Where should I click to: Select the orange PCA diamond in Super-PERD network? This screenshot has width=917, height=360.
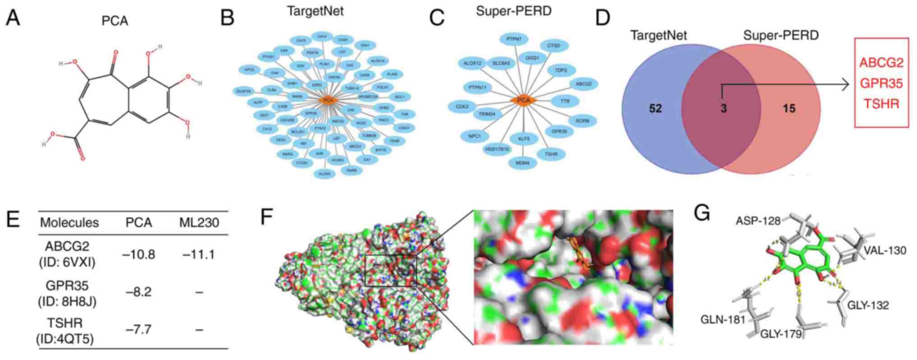point(523,100)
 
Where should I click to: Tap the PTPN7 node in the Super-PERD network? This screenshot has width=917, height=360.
point(514,39)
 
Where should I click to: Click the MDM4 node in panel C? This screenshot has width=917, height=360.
point(523,162)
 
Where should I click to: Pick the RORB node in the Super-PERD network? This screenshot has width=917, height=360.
point(582,121)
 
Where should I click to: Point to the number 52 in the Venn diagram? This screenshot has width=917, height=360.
point(655,109)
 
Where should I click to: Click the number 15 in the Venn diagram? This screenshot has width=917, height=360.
point(789,109)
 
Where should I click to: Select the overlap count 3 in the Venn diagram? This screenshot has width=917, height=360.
point(723,109)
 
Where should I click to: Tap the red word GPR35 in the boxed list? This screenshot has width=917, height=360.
point(881,83)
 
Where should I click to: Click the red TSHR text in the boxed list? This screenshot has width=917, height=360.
point(881,104)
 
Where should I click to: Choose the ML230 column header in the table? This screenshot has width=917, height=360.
point(199,222)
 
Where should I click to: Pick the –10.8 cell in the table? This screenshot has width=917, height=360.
point(139,255)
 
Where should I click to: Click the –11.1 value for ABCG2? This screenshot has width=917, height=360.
point(199,255)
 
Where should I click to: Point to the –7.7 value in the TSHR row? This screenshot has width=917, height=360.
point(139,330)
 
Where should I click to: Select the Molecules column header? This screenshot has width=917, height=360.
point(69,222)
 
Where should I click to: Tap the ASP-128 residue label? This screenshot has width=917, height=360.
point(758,221)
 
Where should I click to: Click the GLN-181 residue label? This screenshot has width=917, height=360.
point(722,320)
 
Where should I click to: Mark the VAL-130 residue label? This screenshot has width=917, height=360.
point(885,250)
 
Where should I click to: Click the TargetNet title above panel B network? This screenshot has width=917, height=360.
point(315,11)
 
